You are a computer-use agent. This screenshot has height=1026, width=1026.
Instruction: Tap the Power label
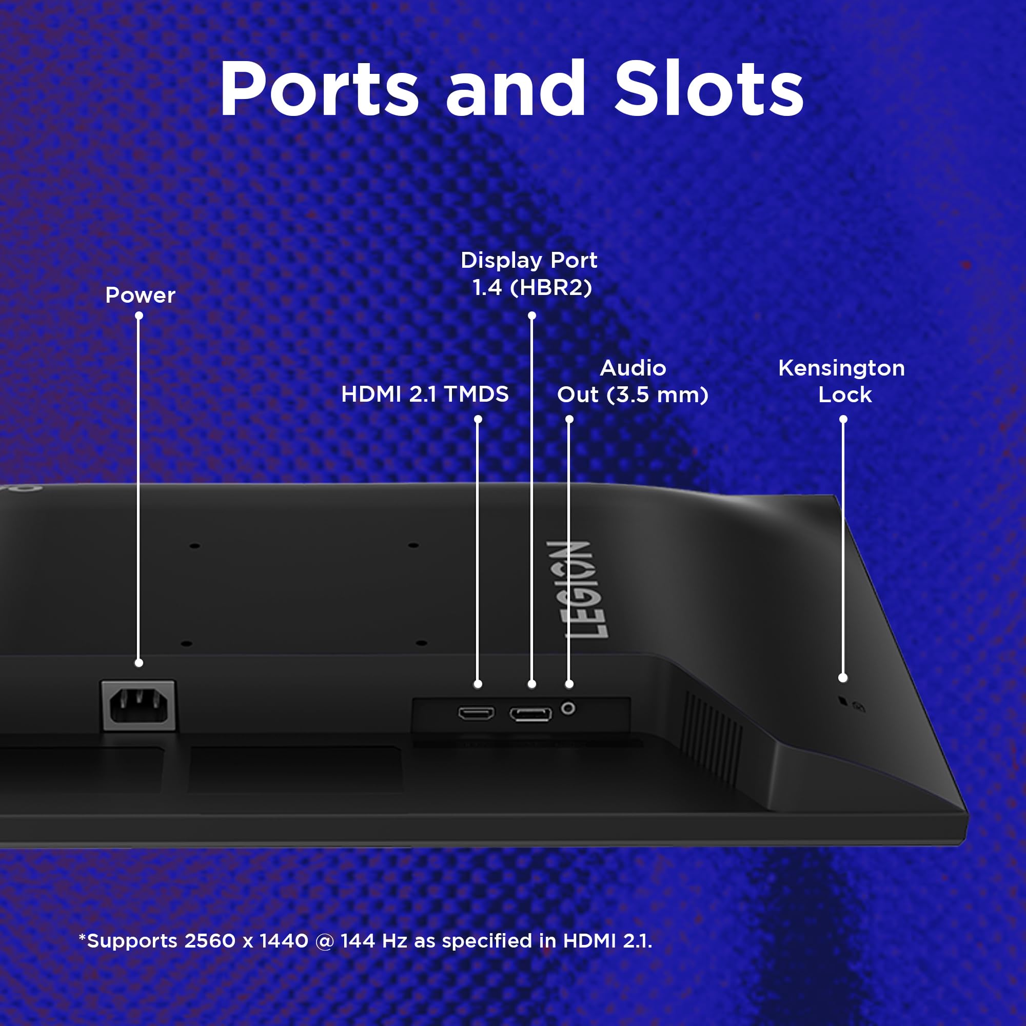(140, 295)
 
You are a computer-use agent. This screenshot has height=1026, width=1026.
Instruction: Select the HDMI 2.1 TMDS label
(425, 394)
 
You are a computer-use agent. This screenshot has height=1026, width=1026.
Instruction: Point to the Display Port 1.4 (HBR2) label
(529, 274)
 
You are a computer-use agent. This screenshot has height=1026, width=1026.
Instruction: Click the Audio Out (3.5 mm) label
(633, 381)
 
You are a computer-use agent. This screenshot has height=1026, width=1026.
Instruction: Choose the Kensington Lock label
(842, 381)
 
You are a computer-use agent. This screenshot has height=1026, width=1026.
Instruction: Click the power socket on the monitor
(139, 706)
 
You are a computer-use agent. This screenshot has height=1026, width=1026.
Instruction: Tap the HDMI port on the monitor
(477, 713)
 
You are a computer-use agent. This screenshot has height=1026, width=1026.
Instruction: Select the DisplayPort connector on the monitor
(530, 714)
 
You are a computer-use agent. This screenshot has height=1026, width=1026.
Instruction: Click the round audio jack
(568, 708)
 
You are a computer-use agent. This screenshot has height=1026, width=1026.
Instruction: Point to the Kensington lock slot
(842, 701)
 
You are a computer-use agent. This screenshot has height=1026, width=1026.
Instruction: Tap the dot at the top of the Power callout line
(139, 315)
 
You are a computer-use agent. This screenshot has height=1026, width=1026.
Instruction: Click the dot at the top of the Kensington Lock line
(843, 420)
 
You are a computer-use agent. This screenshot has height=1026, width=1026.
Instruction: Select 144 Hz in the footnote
(374, 941)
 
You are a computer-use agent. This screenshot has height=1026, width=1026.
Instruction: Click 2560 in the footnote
(210, 941)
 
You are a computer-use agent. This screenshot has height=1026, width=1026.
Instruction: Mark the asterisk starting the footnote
(82, 937)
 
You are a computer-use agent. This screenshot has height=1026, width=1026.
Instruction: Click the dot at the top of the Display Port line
(532, 315)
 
